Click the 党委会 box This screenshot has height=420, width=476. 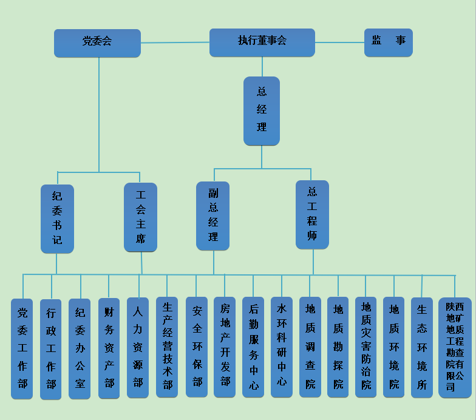coord(97,43)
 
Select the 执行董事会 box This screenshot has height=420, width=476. coord(262,42)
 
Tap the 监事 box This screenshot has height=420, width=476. coord(388,42)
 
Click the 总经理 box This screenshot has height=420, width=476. coord(262,110)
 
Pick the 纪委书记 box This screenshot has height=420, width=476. coord(57,218)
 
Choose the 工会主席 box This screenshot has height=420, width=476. coord(140,217)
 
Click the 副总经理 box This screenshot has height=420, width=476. coord(213,215)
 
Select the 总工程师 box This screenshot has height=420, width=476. coord(312,214)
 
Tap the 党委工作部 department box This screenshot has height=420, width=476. coord(22,348)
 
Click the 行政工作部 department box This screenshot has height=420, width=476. coord(51,349)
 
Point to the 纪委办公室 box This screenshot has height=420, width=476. coord(80,348)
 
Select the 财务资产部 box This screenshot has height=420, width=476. coord(109,348)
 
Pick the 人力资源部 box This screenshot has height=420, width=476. coord(138,348)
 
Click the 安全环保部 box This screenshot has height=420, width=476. coord(197,347)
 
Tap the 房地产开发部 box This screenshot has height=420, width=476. coord(225,347)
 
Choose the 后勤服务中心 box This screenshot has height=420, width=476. coord(253,347)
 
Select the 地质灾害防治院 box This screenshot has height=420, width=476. coord(365,347)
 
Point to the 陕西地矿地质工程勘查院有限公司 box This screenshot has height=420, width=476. coord(455,348)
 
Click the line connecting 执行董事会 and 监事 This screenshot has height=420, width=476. coord(339,42)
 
